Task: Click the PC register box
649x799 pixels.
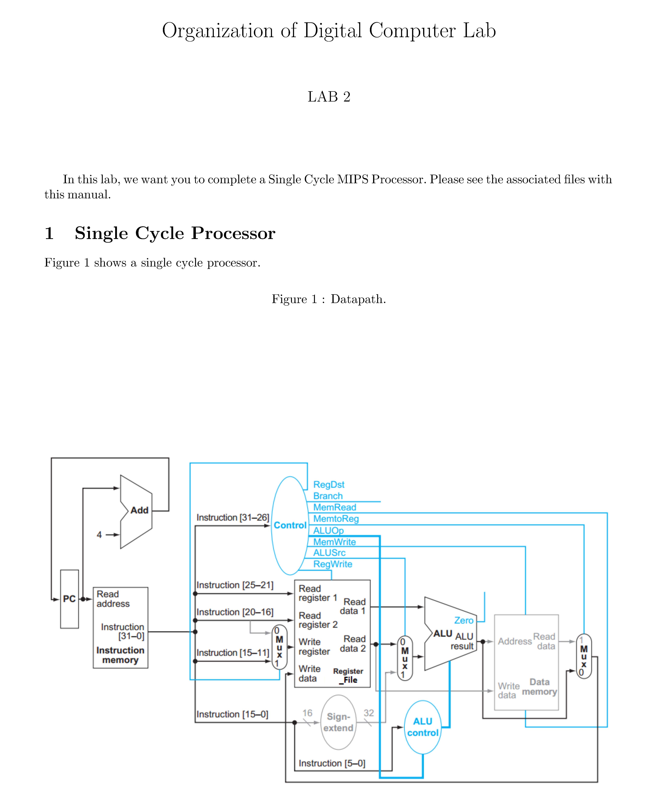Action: (x=70, y=599)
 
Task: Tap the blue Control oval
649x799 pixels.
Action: (x=290, y=525)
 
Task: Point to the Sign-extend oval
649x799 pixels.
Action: (x=338, y=722)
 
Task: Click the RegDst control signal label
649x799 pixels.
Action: (x=329, y=485)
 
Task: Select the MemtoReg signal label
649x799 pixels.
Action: (x=336, y=519)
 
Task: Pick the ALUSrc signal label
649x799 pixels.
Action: (x=329, y=553)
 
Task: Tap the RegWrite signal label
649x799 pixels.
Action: (x=332, y=564)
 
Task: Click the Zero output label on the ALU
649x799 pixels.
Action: (x=464, y=620)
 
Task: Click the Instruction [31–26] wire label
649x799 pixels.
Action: (x=233, y=518)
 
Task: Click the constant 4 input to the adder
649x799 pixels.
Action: (x=99, y=535)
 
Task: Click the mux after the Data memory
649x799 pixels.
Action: (x=584, y=656)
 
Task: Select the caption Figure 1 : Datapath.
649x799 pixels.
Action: (x=329, y=299)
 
